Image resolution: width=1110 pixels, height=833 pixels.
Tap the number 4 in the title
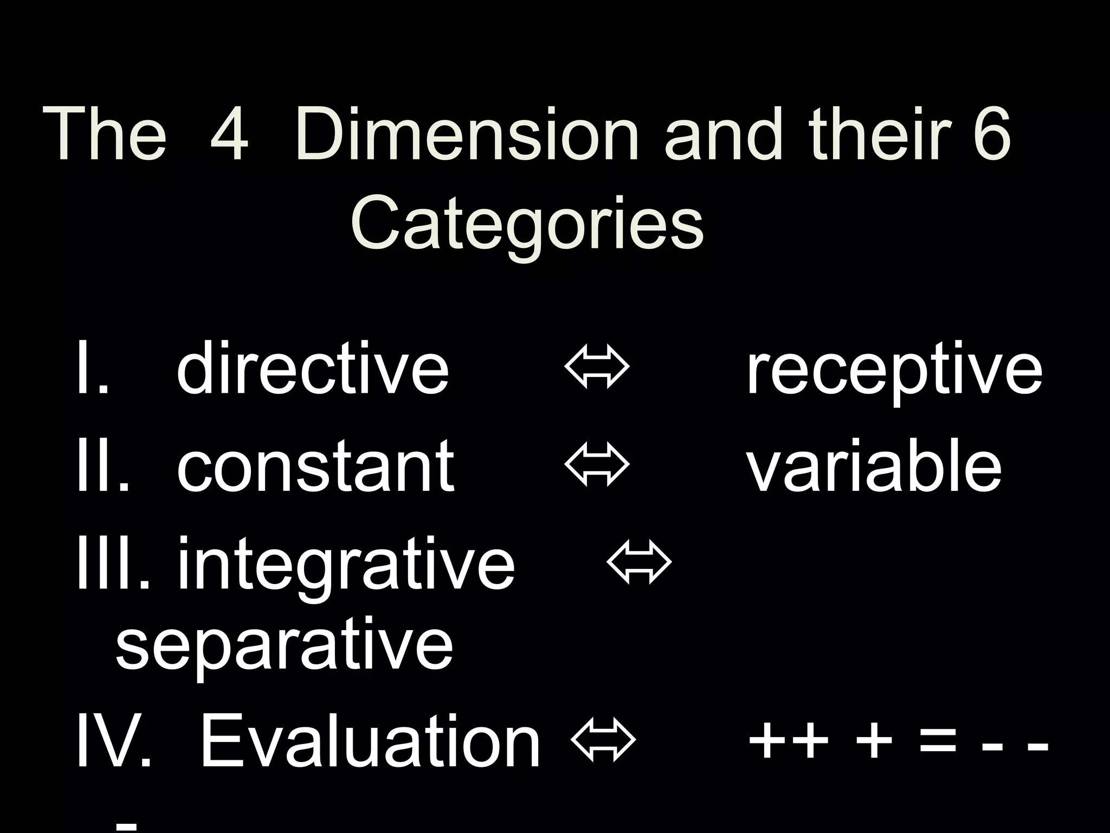point(229,134)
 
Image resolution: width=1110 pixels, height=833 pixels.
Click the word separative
point(284,645)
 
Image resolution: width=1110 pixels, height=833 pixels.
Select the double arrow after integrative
point(639,562)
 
